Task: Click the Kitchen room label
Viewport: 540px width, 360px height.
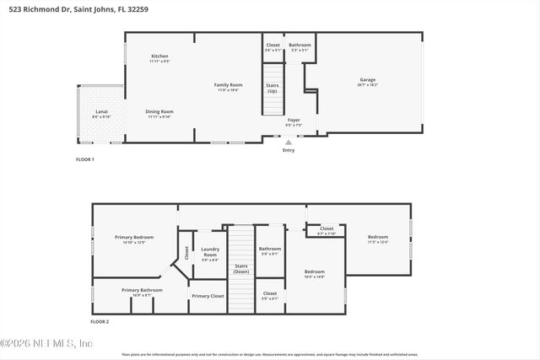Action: tap(159, 56)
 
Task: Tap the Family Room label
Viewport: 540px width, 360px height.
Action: tap(228, 85)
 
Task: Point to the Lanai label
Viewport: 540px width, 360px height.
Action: tap(100, 111)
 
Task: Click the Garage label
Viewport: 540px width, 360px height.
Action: tap(368, 80)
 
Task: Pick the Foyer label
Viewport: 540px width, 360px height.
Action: tap(294, 121)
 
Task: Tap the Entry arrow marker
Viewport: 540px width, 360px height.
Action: tap(289, 142)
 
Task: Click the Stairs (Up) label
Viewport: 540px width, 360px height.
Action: tap(273, 88)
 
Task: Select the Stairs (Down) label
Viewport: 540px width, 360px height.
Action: tap(241, 269)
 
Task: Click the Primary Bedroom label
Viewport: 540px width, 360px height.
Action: tap(134, 238)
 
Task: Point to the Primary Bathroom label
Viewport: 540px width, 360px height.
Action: tap(142, 290)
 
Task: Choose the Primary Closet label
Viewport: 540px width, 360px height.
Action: tap(208, 296)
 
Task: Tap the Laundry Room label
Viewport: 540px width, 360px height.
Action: tap(210, 252)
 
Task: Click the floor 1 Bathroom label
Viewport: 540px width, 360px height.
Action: tap(300, 45)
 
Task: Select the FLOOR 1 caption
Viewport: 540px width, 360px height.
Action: tap(85, 159)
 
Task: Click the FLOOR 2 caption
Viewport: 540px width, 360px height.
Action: tap(100, 321)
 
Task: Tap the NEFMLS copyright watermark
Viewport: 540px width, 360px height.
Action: tap(47, 343)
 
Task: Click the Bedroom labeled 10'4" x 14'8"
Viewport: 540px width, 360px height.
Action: tap(315, 272)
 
